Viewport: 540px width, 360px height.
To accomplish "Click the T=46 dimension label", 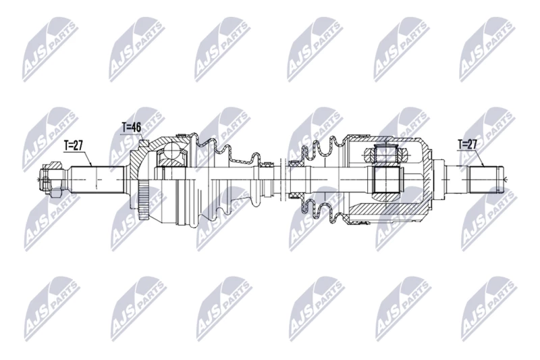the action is pyautogui.click(x=131, y=128).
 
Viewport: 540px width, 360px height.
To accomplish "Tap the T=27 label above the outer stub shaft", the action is pyautogui.click(x=74, y=146).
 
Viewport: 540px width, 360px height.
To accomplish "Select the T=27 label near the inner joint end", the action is pyautogui.click(x=468, y=145).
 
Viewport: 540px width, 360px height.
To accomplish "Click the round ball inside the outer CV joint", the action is pyautogui.click(x=171, y=151).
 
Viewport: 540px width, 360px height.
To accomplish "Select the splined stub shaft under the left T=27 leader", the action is pyautogui.click(x=97, y=180).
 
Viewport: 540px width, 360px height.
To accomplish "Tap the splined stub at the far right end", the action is pyautogui.click(x=485, y=179).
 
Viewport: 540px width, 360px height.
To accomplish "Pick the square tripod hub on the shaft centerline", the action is pyautogui.click(x=385, y=180).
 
